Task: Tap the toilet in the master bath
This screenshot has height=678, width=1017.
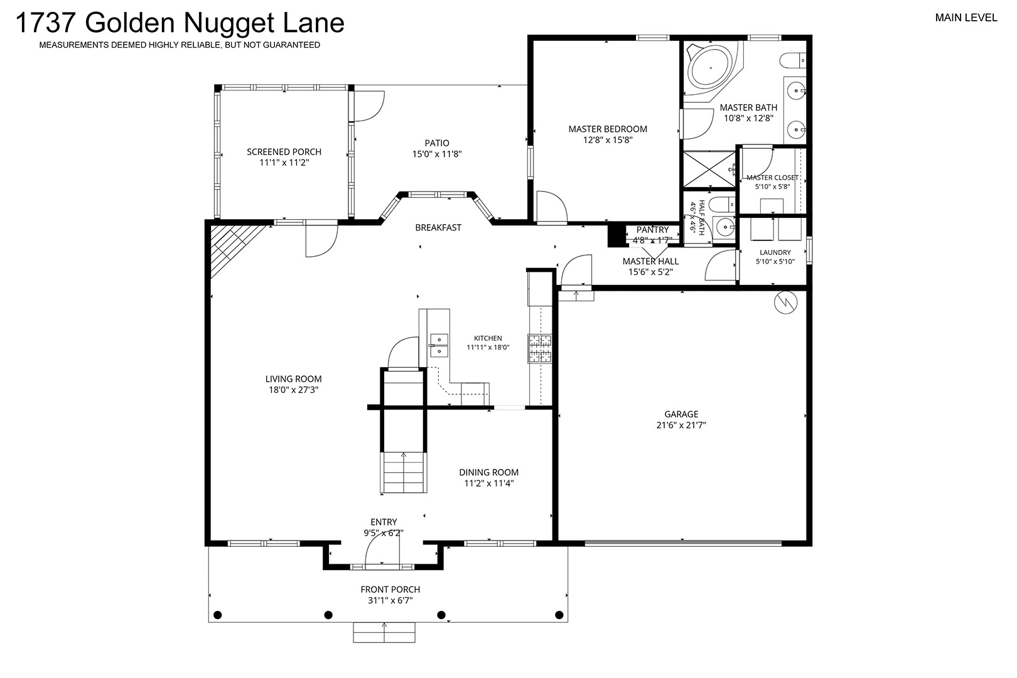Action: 793,60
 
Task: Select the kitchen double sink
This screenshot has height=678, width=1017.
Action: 439,345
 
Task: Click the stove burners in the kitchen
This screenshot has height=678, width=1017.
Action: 539,348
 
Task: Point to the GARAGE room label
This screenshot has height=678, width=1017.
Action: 681,414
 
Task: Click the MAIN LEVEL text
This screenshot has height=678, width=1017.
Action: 966,18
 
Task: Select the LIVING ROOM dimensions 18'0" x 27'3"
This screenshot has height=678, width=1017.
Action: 293,390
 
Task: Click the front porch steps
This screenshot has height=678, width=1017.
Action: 384,632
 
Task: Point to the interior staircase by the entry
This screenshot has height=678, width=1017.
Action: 403,472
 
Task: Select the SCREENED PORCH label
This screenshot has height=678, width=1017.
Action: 284,152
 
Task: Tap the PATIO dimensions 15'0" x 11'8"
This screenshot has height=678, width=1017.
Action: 437,154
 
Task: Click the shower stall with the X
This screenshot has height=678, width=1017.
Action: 709,169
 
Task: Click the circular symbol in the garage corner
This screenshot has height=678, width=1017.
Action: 786,303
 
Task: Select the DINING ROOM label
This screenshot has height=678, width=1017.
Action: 488,472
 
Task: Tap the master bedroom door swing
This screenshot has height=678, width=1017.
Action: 552,207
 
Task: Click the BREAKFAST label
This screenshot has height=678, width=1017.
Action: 438,227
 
